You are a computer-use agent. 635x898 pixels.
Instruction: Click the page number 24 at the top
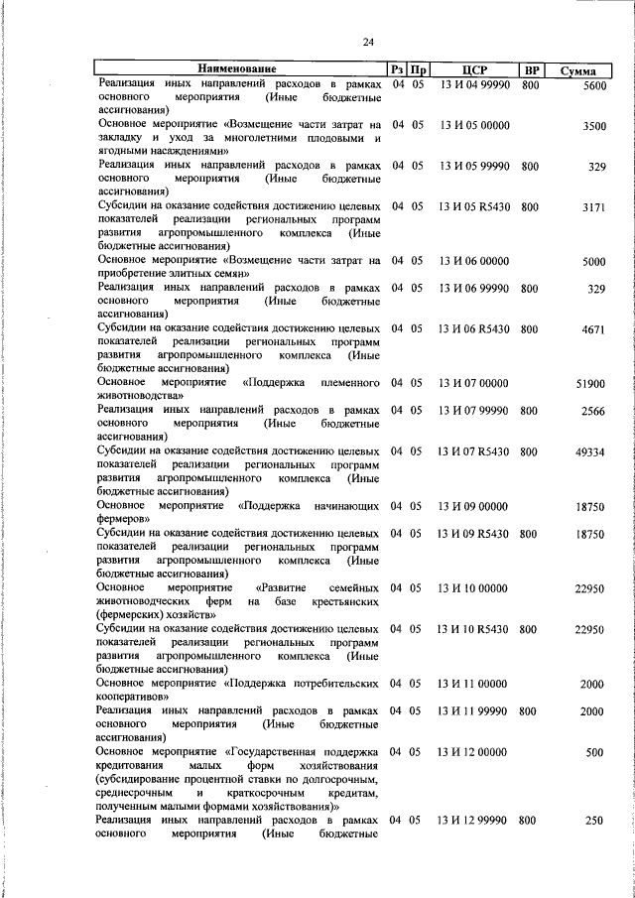[368, 42]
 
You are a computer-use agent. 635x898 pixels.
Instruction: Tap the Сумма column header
[576, 71]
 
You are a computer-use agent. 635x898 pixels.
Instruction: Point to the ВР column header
[532, 70]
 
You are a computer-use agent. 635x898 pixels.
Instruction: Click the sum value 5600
[594, 86]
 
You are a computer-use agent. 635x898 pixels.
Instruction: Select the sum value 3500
[594, 126]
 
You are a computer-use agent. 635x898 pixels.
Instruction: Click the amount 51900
[590, 383]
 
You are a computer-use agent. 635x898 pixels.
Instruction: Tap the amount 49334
[590, 451]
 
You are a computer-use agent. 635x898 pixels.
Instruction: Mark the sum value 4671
[594, 328]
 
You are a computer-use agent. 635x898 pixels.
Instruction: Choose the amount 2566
[594, 410]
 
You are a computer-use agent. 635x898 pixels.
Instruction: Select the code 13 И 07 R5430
[474, 451]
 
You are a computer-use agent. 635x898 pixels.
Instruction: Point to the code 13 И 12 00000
[474, 752]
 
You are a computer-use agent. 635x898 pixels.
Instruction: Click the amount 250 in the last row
[595, 821]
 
